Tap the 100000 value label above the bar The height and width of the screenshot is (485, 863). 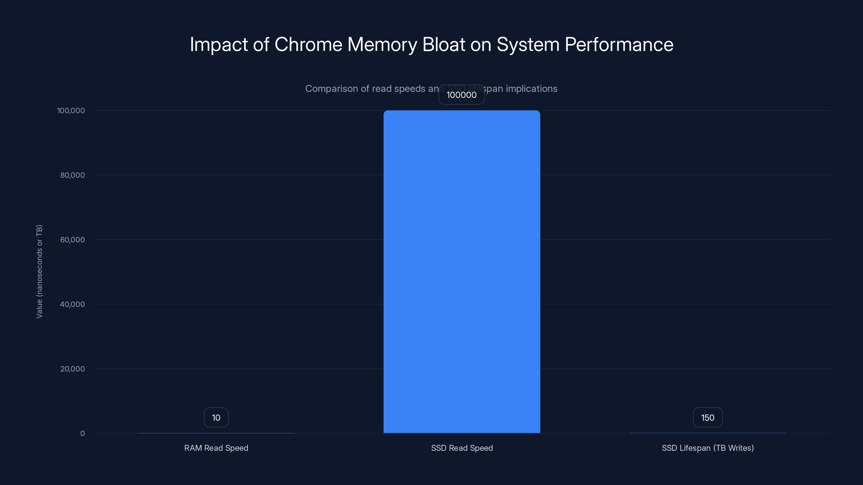pos(461,95)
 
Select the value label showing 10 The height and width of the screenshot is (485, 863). pos(216,418)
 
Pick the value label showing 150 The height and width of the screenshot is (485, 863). pos(708,418)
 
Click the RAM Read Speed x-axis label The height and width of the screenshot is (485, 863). pos(216,448)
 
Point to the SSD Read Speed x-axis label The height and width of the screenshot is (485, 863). pos(462,448)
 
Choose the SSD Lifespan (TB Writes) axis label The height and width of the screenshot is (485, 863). pos(708,448)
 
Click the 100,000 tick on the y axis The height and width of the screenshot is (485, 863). pos(71,111)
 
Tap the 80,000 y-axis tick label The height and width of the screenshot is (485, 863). pos(72,175)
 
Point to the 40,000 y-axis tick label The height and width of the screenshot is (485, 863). pos(72,304)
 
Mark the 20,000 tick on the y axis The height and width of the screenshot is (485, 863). pos(72,369)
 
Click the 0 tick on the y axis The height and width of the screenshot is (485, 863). pos(83,434)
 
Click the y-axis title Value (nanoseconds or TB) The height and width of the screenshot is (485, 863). pos(39,271)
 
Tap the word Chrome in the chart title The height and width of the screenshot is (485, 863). pos(308,44)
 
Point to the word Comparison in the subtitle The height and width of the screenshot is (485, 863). pos(331,89)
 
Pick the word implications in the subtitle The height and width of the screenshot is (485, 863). pos(531,89)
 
